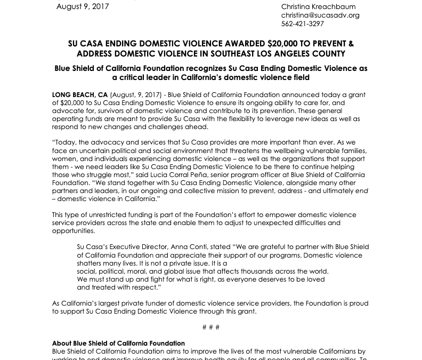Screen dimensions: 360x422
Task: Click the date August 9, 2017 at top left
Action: coord(83,7)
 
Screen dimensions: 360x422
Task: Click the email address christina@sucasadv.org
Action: coord(320,15)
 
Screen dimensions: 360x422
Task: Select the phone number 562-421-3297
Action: coord(303,24)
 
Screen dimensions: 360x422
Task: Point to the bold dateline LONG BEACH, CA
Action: coord(80,95)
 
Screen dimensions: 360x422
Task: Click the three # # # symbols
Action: coord(211,327)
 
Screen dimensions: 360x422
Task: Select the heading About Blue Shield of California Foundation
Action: coord(118,343)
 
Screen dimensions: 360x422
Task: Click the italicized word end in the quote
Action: coord(361,191)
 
